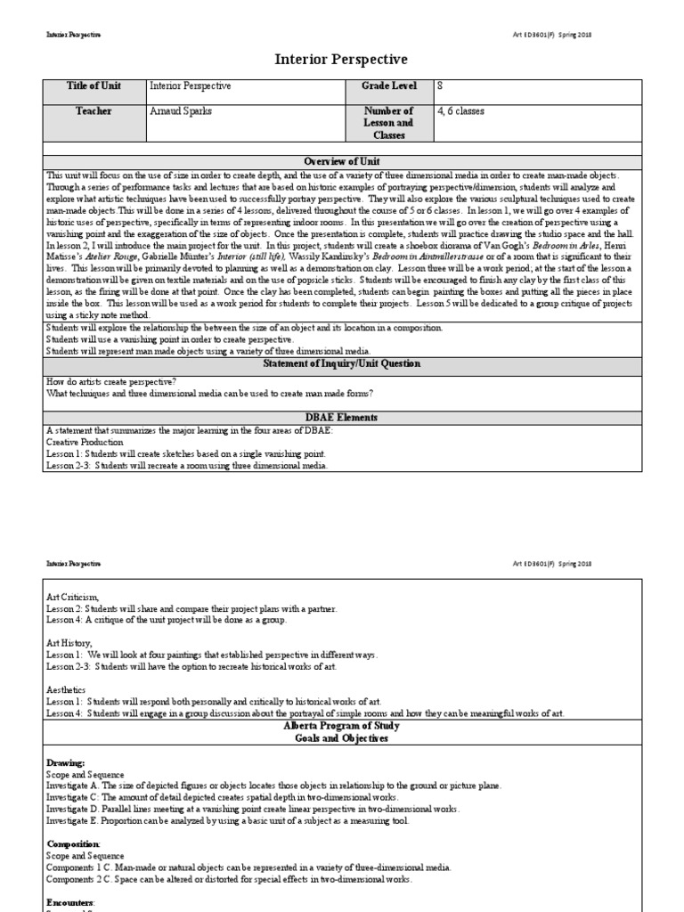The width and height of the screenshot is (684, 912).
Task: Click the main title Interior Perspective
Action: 342,60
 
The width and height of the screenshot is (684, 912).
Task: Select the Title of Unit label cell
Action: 94,86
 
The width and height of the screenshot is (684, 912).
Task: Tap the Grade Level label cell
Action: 388,86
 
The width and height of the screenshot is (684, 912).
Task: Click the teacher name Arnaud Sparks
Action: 182,111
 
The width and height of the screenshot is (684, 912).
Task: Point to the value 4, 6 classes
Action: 461,111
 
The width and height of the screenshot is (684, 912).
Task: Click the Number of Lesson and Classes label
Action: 388,124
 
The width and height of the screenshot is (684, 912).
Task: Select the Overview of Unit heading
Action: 342,161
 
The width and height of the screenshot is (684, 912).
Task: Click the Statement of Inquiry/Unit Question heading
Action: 342,364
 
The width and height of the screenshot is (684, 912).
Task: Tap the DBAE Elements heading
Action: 342,418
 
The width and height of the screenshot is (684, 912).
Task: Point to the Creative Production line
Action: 85,442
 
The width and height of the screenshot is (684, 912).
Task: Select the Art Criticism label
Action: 72,597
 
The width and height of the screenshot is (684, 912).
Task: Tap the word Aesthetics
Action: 66,689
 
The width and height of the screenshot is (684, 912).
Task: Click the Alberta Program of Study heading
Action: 342,727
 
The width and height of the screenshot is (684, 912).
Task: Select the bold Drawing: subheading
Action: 65,763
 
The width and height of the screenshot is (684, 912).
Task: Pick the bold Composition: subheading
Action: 73,843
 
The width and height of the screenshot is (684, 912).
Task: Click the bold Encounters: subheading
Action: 72,901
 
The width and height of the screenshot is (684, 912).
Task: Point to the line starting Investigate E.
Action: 227,821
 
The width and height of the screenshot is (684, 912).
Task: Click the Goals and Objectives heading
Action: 342,739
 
